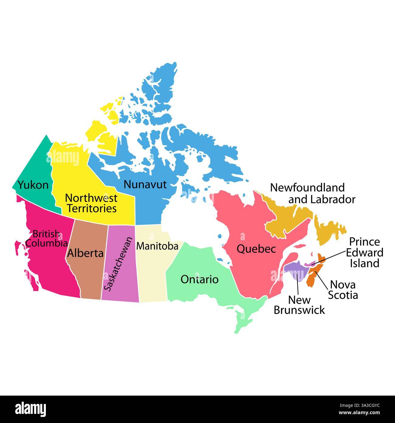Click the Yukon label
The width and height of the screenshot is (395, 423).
point(33,185)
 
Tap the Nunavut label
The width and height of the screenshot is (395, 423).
point(145,184)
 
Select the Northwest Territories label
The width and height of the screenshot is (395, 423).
point(91,203)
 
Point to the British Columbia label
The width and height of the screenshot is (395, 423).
point(46,239)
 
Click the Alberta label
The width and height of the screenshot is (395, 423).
point(85,253)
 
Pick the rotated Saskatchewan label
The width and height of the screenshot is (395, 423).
point(118,264)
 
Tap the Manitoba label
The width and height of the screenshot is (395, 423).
point(157,246)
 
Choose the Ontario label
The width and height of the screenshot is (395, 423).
point(199,279)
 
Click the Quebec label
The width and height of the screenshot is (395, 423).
point(256,249)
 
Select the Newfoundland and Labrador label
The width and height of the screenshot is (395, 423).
point(312,193)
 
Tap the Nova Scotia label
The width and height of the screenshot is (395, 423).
point(343,290)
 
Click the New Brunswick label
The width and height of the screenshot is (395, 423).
point(299,305)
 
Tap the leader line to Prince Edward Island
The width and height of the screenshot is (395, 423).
point(330,257)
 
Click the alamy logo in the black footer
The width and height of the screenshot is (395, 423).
point(30,409)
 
